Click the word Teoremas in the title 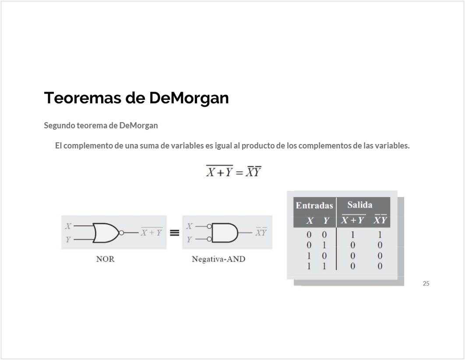click(x=83, y=98)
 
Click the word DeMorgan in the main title click(x=189, y=98)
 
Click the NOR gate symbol click(x=106, y=233)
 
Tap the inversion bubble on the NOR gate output click(x=121, y=233)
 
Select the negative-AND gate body click(x=225, y=233)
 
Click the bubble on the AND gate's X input click(x=209, y=226)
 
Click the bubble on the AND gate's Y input click(x=209, y=239)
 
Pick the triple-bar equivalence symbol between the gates click(x=174, y=233)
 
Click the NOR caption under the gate click(x=105, y=259)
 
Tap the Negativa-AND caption click(x=218, y=259)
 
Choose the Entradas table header click(x=314, y=205)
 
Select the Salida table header click(x=360, y=205)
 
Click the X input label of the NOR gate click(x=68, y=226)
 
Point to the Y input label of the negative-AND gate click(x=189, y=239)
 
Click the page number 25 click(x=426, y=283)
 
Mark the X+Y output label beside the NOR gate click(x=151, y=232)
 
